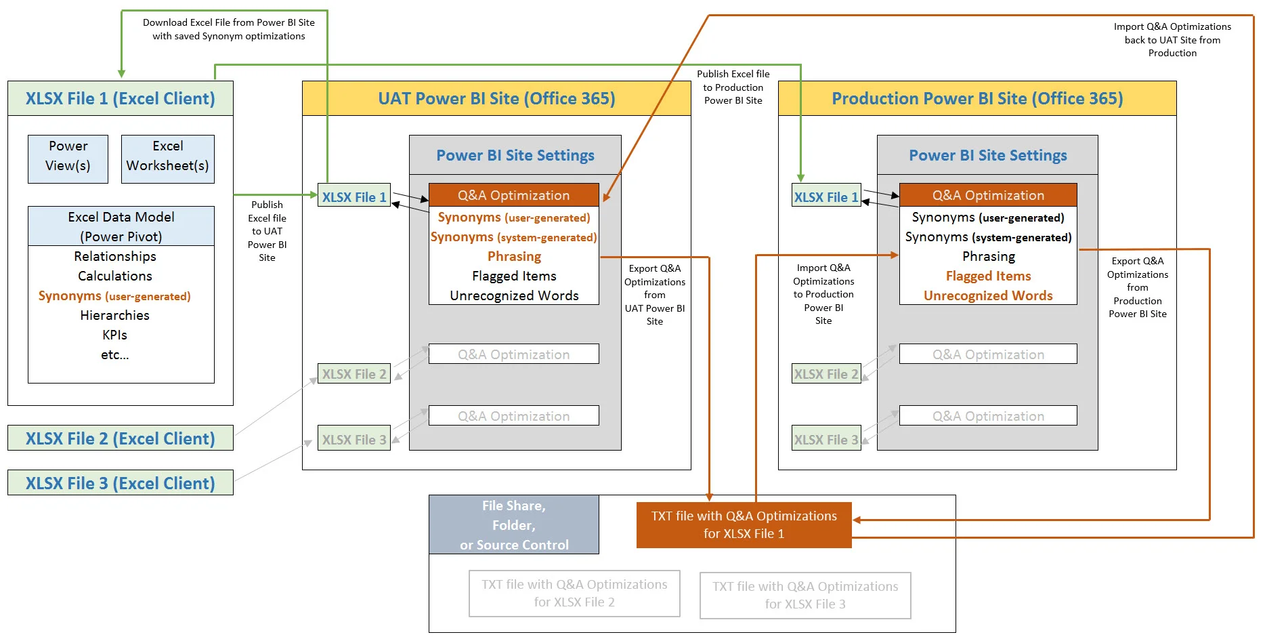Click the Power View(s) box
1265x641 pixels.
pyautogui.click(x=68, y=159)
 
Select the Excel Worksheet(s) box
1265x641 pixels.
pyautogui.click(x=167, y=159)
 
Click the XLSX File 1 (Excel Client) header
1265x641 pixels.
pyautogui.click(x=120, y=99)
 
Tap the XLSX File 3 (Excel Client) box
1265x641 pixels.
pyautogui.click(x=120, y=483)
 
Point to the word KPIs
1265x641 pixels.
pyautogui.click(x=114, y=335)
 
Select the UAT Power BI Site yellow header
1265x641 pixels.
pyautogui.click(x=496, y=99)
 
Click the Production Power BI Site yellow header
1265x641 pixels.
pyautogui.click(x=977, y=99)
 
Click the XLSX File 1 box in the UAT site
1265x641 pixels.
pyautogui.click(x=353, y=197)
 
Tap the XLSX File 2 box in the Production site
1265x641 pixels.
pyautogui.click(x=826, y=374)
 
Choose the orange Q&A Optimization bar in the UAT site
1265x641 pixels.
pyautogui.click(x=513, y=195)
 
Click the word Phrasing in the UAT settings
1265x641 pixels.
pyautogui.click(x=514, y=257)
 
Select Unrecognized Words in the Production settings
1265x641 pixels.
pyautogui.click(x=988, y=296)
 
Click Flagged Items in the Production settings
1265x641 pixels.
pyautogui.click(x=988, y=276)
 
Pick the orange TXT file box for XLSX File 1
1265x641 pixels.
pyautogui.click(x=744, y=524)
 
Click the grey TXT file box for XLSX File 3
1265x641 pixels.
pyautogui.click(x=805, y=595)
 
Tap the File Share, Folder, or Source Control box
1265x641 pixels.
pyautogui.click(x=513, y=524)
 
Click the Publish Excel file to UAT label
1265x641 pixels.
pyautogui.click(x=267, y=231)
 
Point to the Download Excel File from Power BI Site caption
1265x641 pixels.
pyautogui.click(x=228, y=29)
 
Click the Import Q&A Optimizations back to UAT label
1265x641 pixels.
pyautogui.click(x=1172, y=39)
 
